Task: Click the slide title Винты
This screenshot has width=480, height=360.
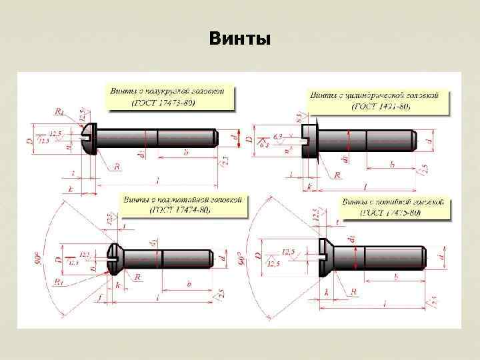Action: tap(239, 39)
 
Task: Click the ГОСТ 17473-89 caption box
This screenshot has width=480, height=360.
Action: tap(171, 96)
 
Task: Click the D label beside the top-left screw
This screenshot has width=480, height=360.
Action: tap(28, 141)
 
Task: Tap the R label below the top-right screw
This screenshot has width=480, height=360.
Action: tap(337, 175)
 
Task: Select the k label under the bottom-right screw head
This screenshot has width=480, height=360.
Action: tap(327, 292)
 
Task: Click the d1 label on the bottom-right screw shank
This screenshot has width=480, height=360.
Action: tap(351, 238)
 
